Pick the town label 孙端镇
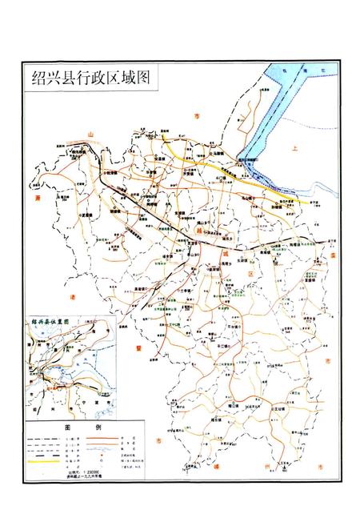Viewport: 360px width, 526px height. pyautogui.click(x=264, y=205)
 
